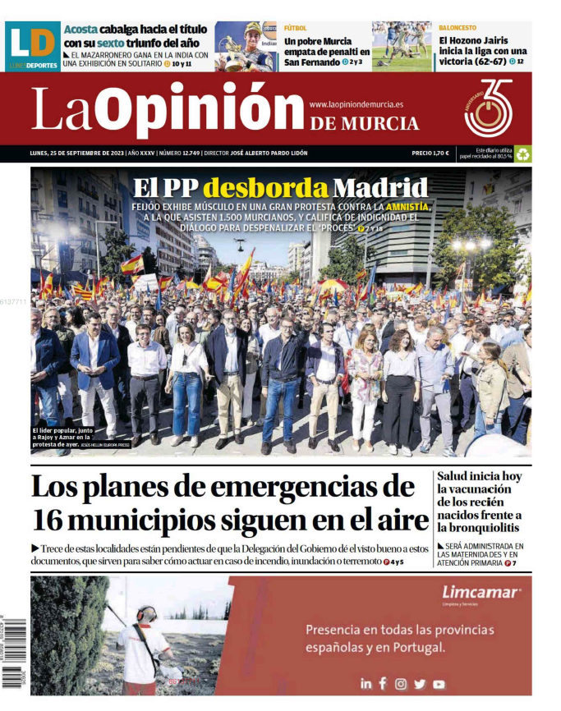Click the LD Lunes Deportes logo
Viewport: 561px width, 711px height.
(x=33, y=44)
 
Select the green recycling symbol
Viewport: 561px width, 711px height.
(x=522, y=154)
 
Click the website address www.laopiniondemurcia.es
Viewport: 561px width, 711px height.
(x=356, y=104)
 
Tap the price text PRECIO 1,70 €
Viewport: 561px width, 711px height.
(x=430, y=154)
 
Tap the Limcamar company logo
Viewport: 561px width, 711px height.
(x=481, y=593)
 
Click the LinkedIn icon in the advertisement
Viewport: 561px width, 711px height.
(x=366, y=683)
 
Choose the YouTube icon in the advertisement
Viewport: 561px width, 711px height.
(x=439, y=683)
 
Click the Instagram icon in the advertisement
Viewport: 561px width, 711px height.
(x=401, y=683)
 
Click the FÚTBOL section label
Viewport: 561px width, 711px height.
(x=296, y=28)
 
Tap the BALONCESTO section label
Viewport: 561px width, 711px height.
(x=457, y=28)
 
